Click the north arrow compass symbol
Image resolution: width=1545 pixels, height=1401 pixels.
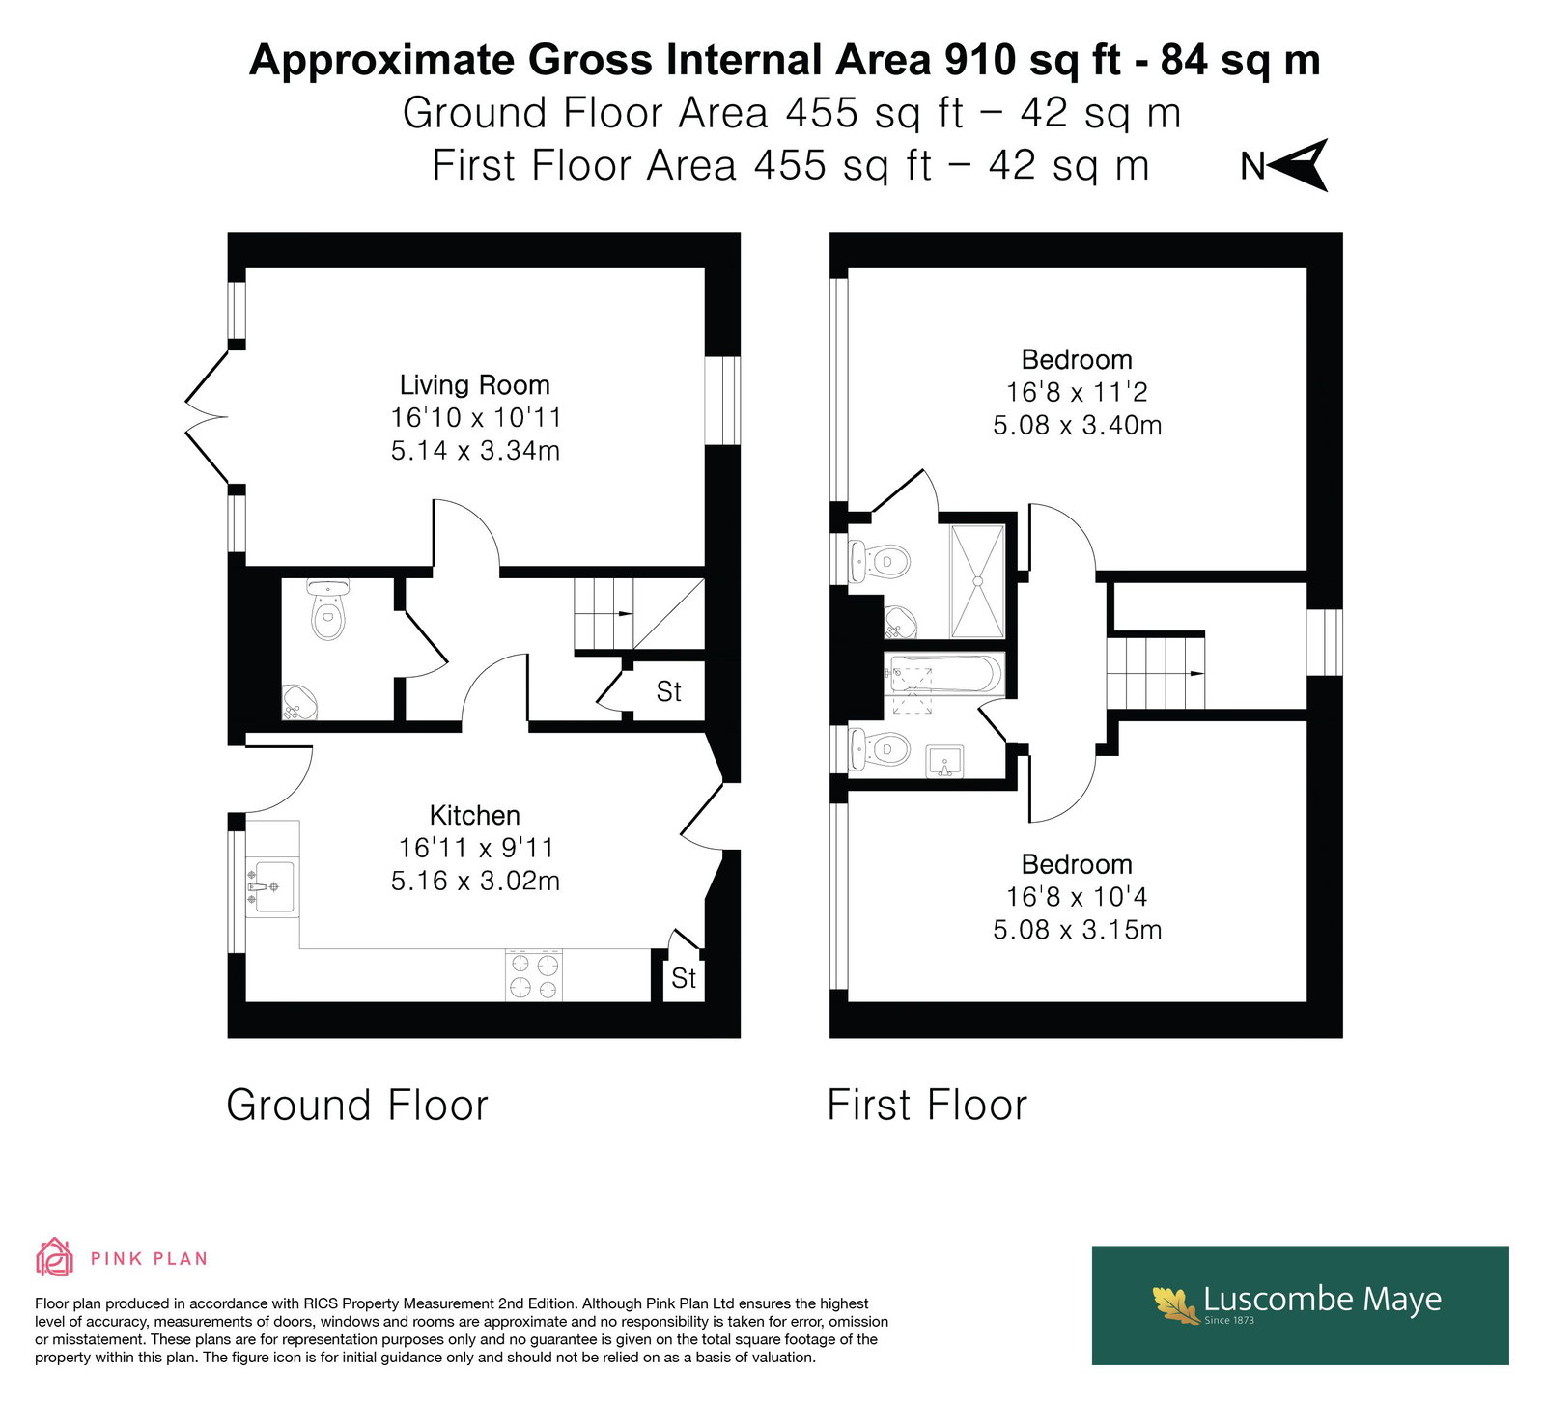pos(1300,165)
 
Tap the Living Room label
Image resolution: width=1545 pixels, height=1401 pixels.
pos(475,385)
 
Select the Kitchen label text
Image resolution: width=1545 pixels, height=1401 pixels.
pos(475,815)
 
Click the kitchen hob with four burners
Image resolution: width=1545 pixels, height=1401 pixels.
pos(534,975)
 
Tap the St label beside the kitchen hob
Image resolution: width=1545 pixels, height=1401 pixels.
pos(684,978)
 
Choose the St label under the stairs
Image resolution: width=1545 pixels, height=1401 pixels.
pos(668,691)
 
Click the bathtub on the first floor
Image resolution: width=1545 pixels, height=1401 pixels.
pos(944,673)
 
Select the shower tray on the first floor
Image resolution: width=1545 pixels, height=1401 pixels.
pos(978,581)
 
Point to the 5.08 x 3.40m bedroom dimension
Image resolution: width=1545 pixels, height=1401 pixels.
pos(1077,425)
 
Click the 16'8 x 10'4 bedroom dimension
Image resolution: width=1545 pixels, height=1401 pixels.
pos(1077,897)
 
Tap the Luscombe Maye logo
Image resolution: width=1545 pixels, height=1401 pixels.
pos(1300,1305)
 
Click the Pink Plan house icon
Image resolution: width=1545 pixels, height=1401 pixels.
pos(55,1257)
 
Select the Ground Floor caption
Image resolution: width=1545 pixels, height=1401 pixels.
pos(357,1105)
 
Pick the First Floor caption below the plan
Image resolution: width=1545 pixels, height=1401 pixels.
pos(927,1105)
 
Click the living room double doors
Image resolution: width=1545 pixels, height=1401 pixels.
pos(208,417)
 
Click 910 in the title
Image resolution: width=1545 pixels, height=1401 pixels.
pos(979,60)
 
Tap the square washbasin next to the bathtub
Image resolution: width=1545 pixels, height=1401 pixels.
pos(944,761)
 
